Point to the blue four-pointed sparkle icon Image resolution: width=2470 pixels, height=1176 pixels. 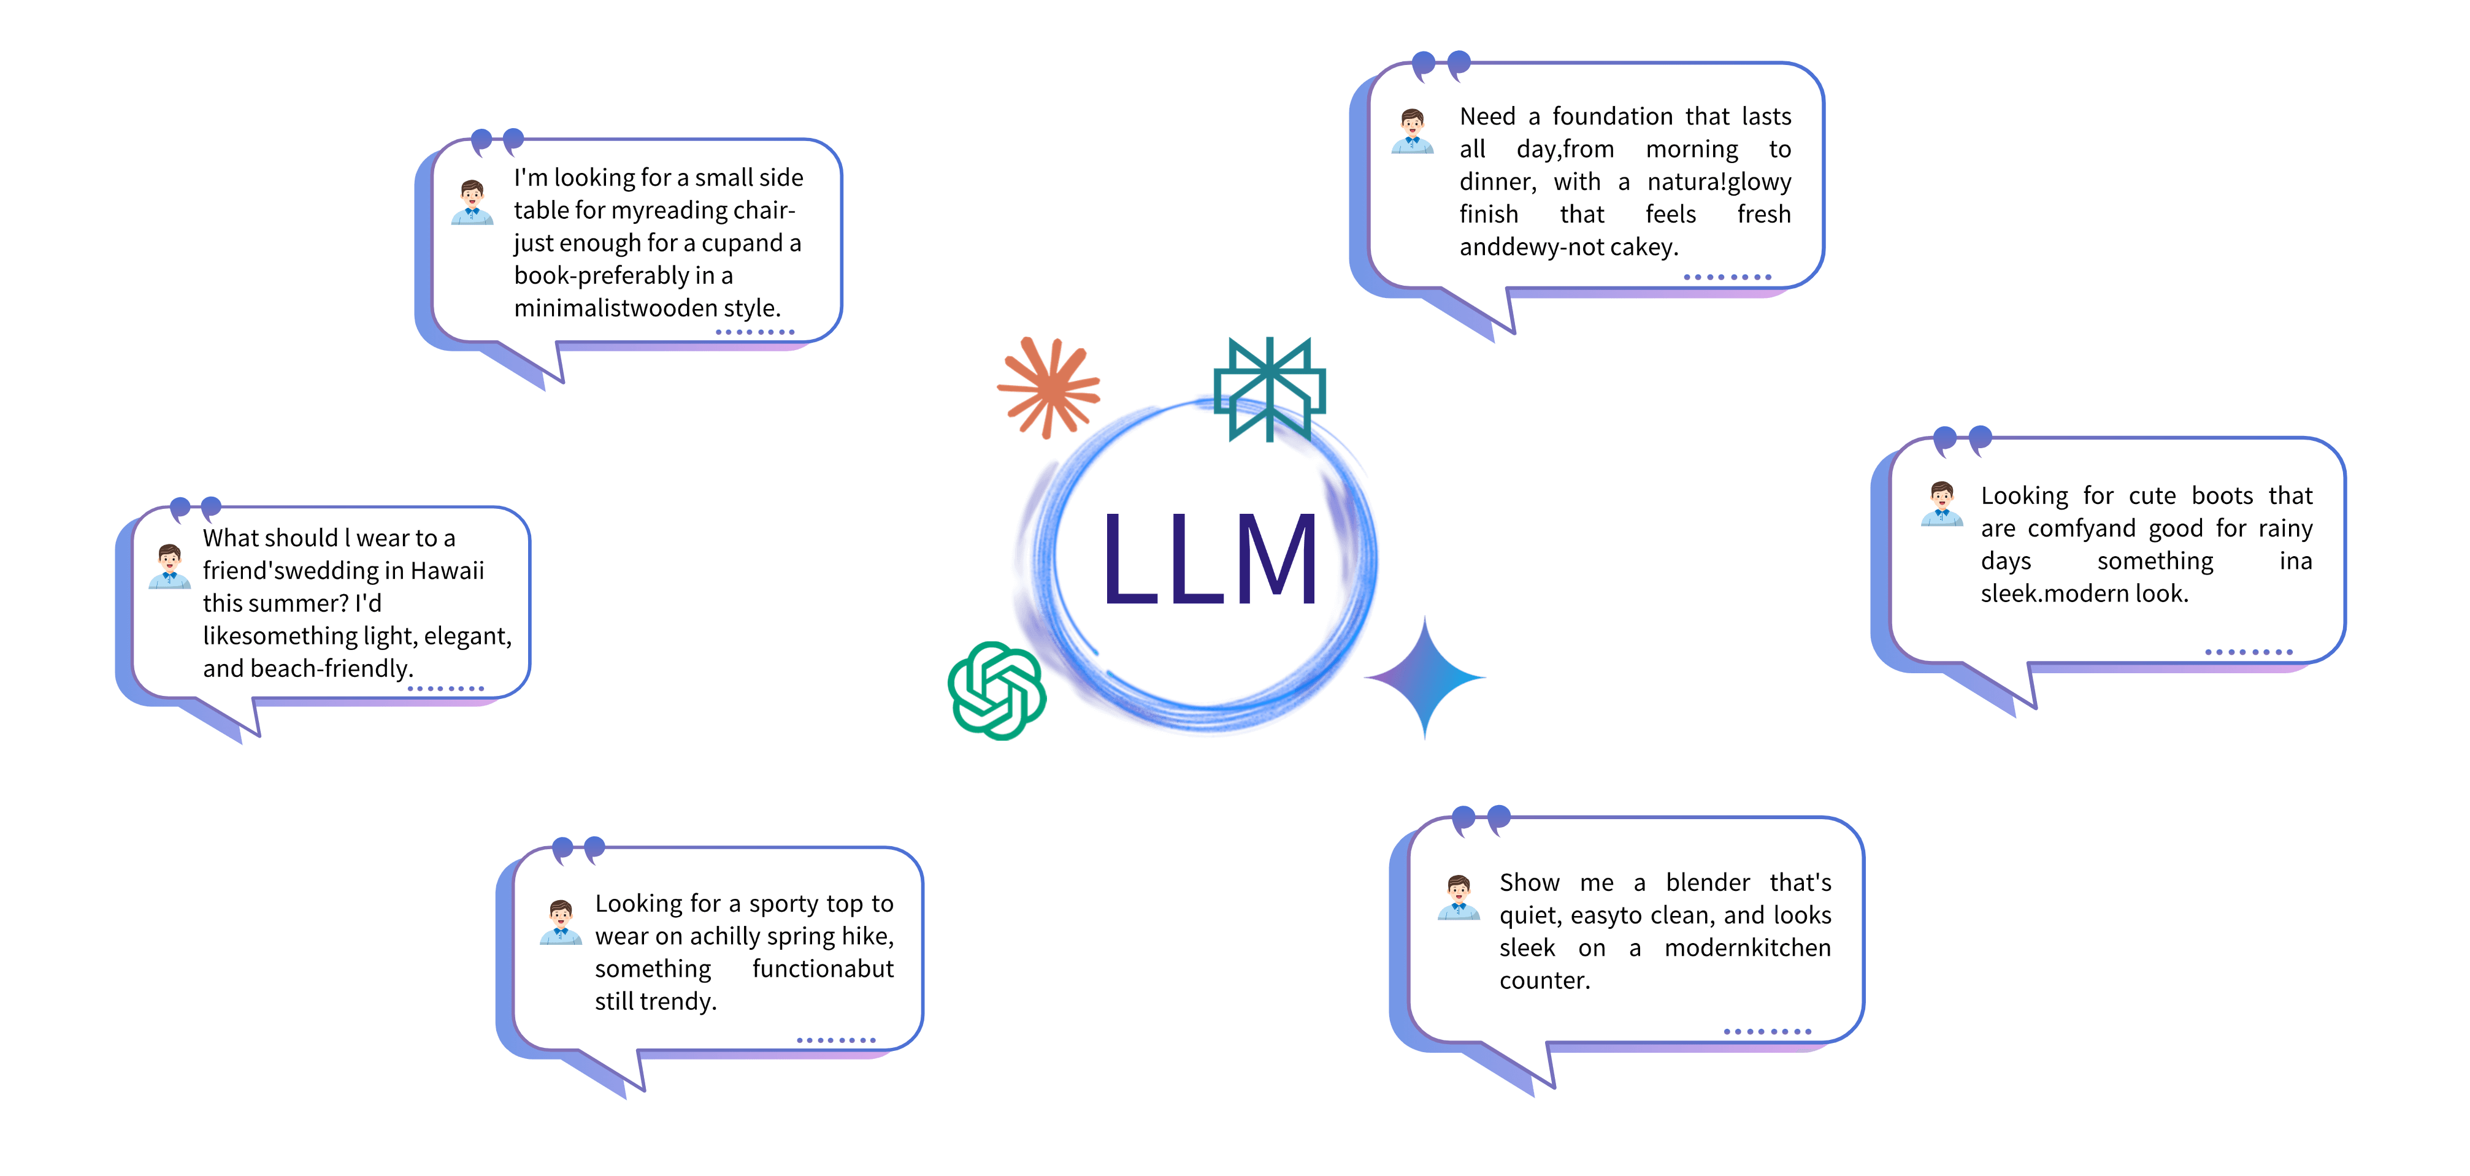point(1425,677)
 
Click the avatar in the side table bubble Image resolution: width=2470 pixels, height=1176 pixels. point(472,202)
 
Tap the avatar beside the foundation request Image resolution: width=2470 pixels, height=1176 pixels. point(1413,131)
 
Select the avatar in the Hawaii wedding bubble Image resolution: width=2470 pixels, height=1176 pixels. point(170,567)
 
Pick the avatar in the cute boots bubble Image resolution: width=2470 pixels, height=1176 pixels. point(1942,504)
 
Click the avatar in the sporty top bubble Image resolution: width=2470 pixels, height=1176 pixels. point(561,922)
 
